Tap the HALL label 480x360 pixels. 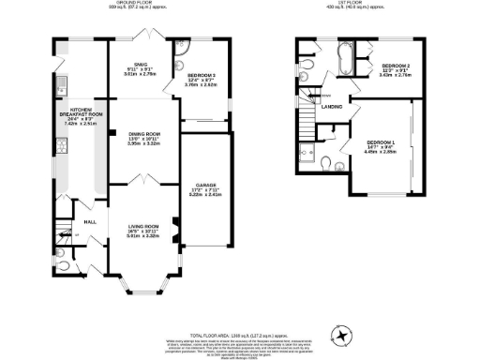[90, 221]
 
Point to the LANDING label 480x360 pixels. [331, 106]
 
